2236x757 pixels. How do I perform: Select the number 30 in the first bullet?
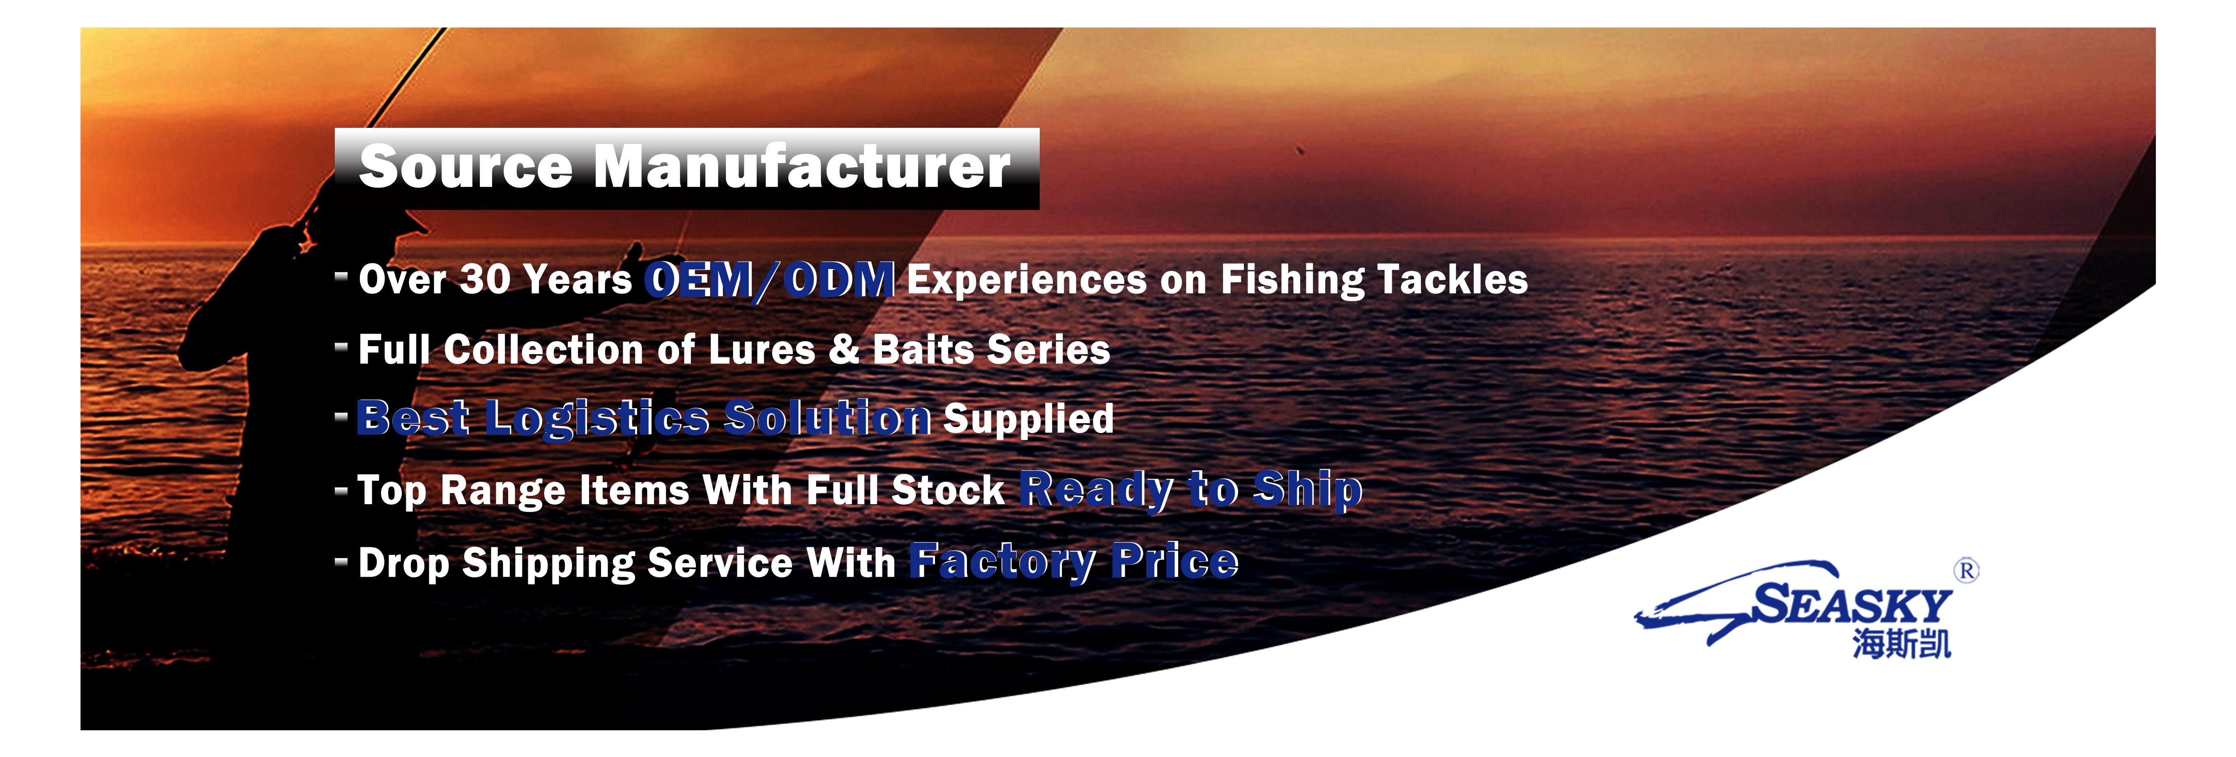pos(484,279)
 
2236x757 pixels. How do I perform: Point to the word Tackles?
pos(1452,279)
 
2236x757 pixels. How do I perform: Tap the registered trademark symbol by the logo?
pos(1966,570)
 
